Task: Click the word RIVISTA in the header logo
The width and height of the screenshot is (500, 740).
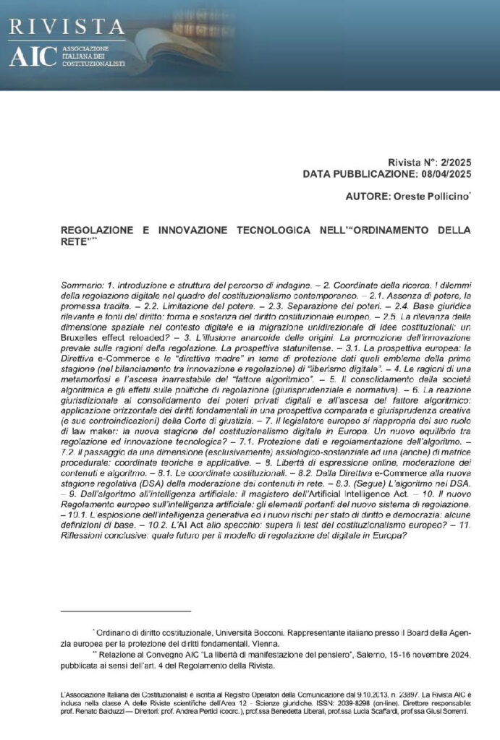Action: click(x=67, y=27)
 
